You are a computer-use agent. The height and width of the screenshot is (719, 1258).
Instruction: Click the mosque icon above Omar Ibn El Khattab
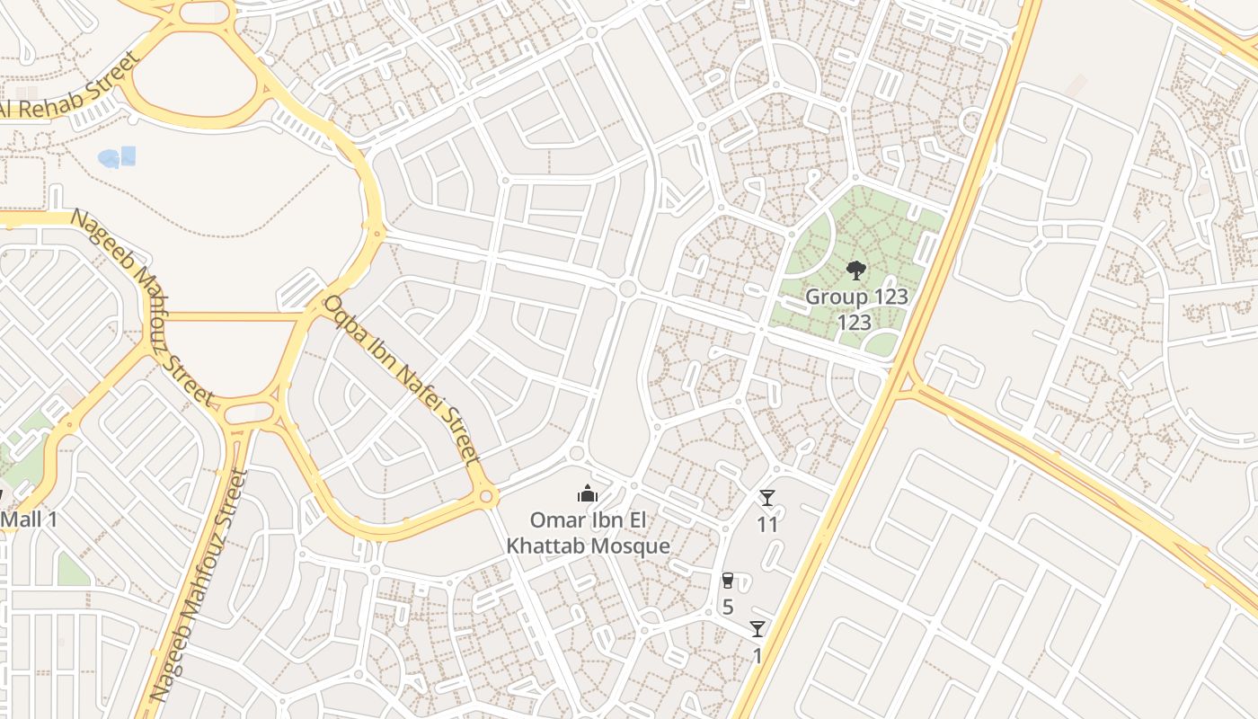click(588, 493)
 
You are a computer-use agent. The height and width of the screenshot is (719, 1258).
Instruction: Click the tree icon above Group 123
click(855, 270)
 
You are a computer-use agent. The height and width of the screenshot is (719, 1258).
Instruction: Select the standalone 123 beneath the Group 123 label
click(855, 322)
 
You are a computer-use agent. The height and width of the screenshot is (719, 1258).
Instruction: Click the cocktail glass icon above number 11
click(766, 498)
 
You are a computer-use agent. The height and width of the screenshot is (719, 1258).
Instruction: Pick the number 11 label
click(766, 524)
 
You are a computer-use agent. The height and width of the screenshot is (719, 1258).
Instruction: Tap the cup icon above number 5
click(728, 581)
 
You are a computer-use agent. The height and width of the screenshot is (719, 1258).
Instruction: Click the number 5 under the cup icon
click(728, 607)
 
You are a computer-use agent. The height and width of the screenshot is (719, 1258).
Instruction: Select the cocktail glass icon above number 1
click(757, 629)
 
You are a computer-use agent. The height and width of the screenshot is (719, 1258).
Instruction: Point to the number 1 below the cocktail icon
click(757, 655)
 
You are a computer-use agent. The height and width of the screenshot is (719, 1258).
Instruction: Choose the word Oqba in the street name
click(345, 318)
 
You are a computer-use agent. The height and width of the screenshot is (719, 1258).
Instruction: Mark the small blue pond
click(117, 157)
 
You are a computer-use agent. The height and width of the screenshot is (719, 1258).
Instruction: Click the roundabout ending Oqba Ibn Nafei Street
click(486, 495)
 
